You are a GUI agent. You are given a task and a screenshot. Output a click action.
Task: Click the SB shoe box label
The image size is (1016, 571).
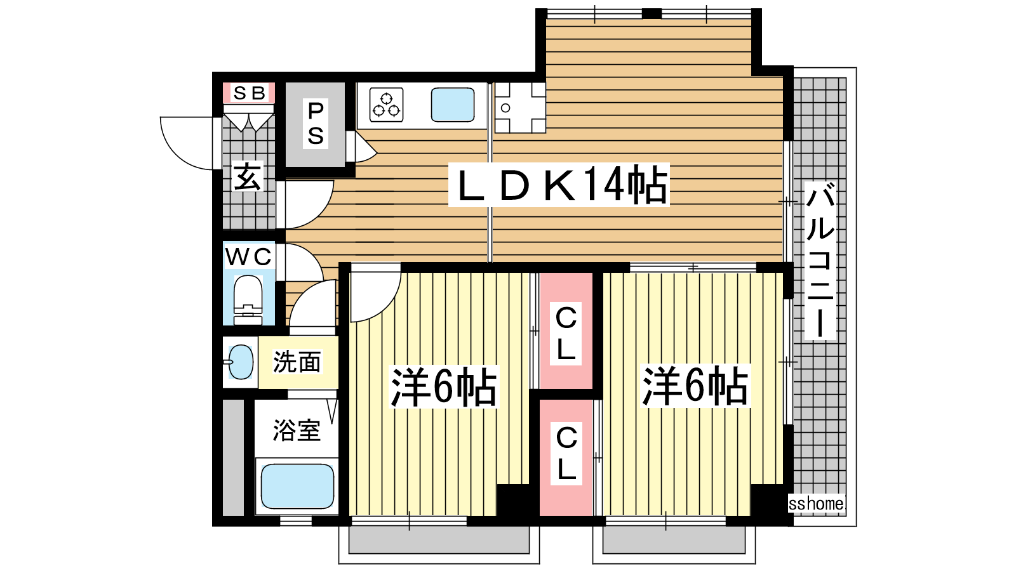tap(249, 93)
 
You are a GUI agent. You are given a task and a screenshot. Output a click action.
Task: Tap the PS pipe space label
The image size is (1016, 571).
tap(316, 123)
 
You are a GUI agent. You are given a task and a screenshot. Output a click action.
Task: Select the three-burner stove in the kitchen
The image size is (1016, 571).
tap(387, 105)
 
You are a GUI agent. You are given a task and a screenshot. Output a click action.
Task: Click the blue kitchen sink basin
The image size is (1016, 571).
tap(453, 105)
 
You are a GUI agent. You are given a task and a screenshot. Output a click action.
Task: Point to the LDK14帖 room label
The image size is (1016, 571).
tap(559, 185)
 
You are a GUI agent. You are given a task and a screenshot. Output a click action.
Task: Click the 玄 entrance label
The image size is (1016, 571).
tap(248, 177)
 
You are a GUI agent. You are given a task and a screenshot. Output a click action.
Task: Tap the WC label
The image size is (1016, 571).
tap(248, 257)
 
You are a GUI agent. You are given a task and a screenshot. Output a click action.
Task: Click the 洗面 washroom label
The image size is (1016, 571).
tap(297, 362)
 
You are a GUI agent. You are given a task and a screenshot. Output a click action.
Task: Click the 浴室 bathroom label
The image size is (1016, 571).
tap(297, 430)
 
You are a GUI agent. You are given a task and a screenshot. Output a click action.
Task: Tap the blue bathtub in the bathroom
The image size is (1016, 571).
tap(298, 486)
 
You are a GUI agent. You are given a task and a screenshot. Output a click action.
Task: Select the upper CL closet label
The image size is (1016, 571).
tap(566, 333)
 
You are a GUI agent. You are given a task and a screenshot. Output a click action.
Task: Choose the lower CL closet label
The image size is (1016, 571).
tap(566, 453)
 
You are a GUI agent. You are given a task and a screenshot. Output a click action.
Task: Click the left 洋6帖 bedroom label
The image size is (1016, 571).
tap(444, 386)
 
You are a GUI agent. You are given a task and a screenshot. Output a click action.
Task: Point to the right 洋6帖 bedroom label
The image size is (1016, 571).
tap(695, 386)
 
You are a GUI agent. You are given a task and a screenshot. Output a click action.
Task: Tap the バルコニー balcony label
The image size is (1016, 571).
tap(820, 260)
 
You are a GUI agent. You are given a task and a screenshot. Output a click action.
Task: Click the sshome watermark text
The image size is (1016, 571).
tap(817, 504)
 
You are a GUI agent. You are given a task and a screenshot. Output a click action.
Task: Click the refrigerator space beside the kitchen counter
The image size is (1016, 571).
tap(520, 108)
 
